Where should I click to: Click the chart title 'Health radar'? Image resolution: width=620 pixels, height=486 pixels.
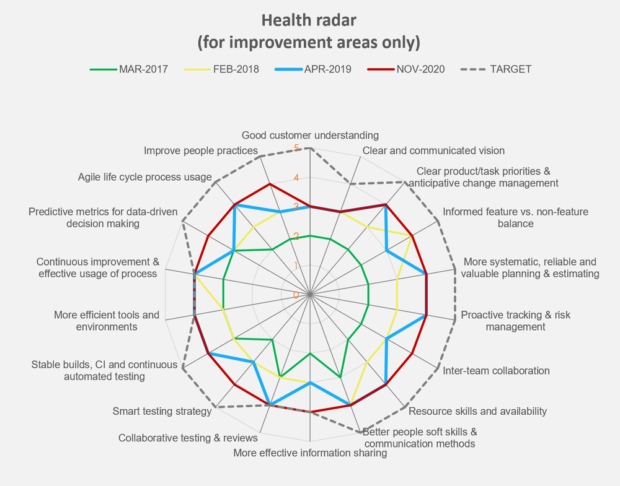[309, 20]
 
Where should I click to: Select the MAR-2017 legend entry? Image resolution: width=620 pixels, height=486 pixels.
[143, 69]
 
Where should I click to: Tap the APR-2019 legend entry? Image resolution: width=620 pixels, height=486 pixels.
[327, 69]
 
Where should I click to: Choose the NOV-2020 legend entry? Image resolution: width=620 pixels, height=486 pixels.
[420, 69]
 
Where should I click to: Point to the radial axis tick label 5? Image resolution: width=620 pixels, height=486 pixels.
[296, 148]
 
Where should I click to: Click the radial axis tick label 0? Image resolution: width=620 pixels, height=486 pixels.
[296, 295]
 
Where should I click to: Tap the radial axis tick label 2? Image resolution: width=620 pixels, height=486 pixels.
[296, 236]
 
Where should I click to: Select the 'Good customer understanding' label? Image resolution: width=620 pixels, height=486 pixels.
[310, 135]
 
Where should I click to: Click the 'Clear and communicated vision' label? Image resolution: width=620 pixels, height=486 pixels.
[433, 150]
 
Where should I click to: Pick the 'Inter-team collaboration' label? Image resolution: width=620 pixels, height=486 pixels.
[495, 371]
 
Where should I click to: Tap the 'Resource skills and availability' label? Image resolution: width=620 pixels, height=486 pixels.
[477, 411]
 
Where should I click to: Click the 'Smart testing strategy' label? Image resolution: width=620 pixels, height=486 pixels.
[160, 410]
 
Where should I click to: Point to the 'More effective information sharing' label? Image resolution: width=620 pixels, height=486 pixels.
[310, 453]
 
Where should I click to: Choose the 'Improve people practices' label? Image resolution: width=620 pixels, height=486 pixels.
[200, 150]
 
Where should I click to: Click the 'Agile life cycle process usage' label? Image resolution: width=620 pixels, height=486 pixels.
[144, 177]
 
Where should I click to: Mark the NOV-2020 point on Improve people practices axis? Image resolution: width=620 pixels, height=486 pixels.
[270, 184]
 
